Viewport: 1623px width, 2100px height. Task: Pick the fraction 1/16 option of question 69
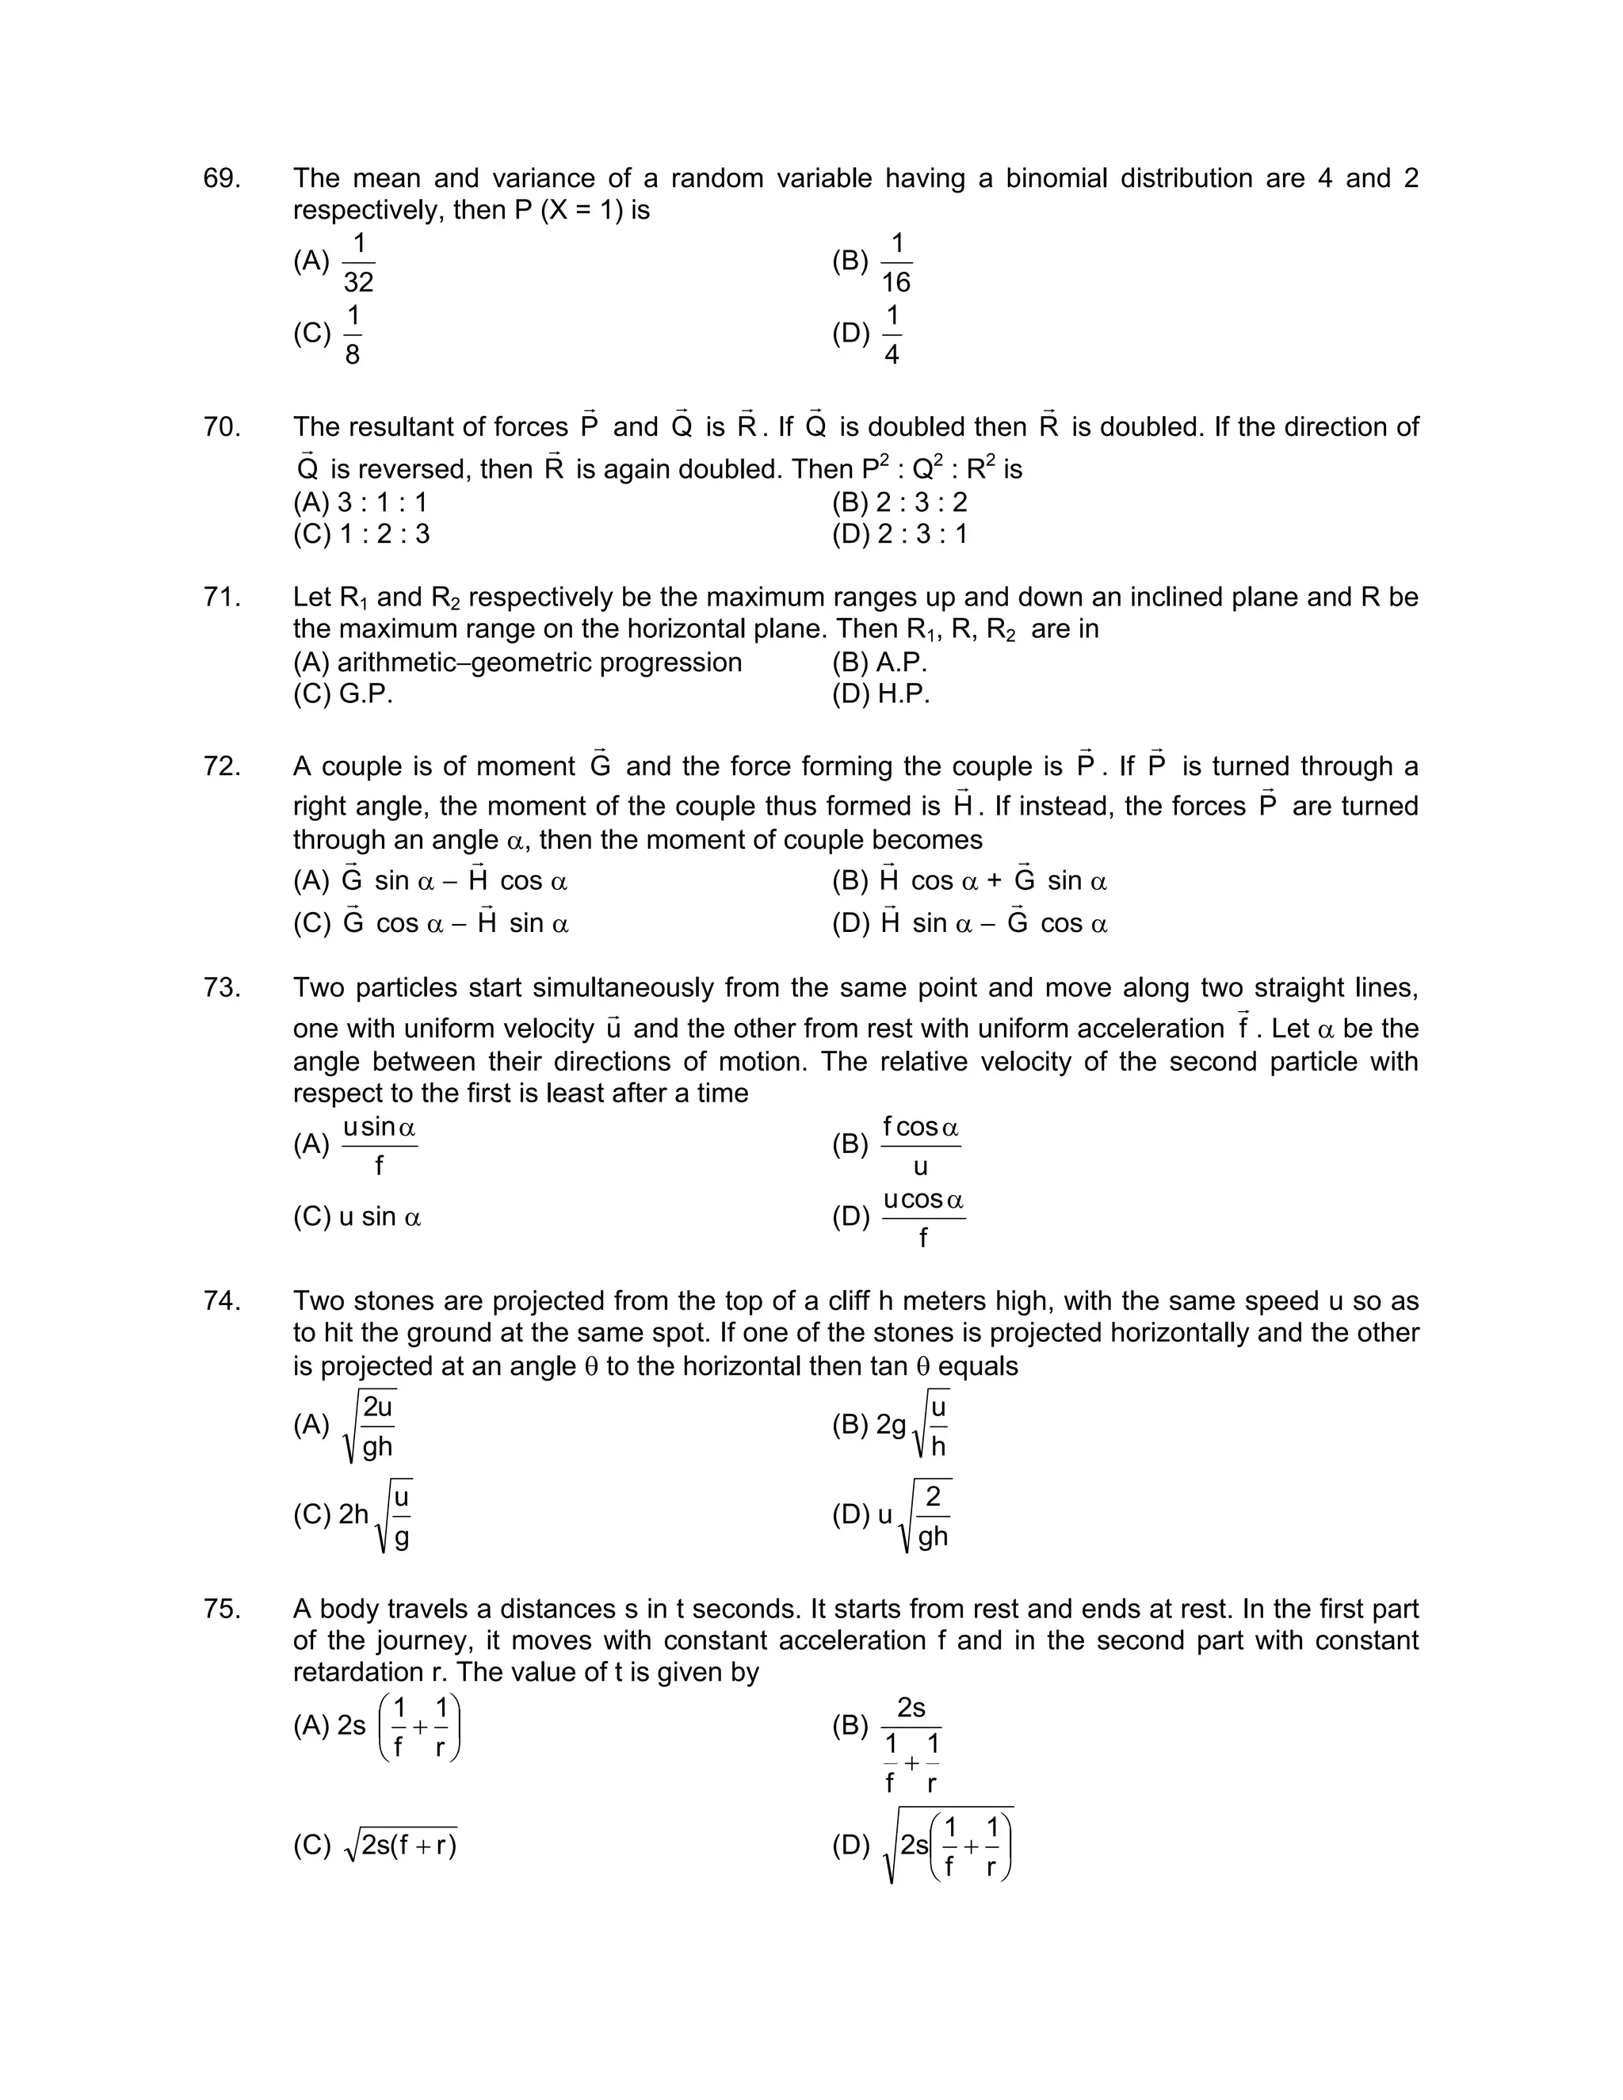(x=896, y=262)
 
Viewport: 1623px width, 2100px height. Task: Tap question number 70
(x=221, y=427)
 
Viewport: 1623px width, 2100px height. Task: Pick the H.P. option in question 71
(x=903, y=694)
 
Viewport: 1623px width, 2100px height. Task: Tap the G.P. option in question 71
(x=365, y=694)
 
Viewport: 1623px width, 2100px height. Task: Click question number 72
(x=221, y=766)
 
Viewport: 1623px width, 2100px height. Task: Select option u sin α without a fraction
(x=380, y=1217)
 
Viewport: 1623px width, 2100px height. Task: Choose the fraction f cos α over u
(x=920, y=1145)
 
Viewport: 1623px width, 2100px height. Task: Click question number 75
(x=221, y=1609)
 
